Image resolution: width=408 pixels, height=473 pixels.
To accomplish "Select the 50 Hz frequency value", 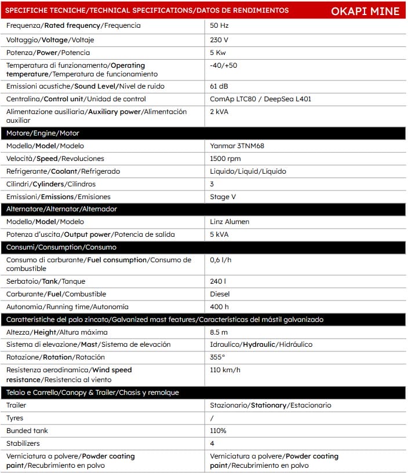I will pos(219,26).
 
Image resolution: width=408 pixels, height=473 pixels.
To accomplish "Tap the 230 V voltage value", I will pos(219,40).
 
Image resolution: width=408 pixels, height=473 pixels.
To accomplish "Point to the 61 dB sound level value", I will pos(219,86).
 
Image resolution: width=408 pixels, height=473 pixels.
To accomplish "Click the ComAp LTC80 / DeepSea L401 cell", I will pos(260,99).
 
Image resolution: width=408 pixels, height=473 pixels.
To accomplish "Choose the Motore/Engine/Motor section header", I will pos(35,133).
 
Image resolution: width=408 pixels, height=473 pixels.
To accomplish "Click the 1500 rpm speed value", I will pos(225,159).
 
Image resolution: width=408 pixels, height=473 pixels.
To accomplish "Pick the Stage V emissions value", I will pos(224,197).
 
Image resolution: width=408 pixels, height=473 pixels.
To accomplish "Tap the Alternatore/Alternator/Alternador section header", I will pos(56,209).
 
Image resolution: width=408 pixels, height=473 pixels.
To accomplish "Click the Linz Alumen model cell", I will pos(230,222).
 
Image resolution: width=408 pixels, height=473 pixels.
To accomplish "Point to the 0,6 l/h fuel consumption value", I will pos(221,260).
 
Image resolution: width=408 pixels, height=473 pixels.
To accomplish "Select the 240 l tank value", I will pos(218,281).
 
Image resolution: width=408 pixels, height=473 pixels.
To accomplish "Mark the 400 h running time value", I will pos(220,307).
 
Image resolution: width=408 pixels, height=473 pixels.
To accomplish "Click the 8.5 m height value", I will pos(219,332).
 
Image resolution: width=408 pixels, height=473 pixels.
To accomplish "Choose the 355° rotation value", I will pos(217,357).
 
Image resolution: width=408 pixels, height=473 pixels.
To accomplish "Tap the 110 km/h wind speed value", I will pos(225,370).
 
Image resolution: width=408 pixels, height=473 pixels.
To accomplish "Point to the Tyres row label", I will pos(15,418).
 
